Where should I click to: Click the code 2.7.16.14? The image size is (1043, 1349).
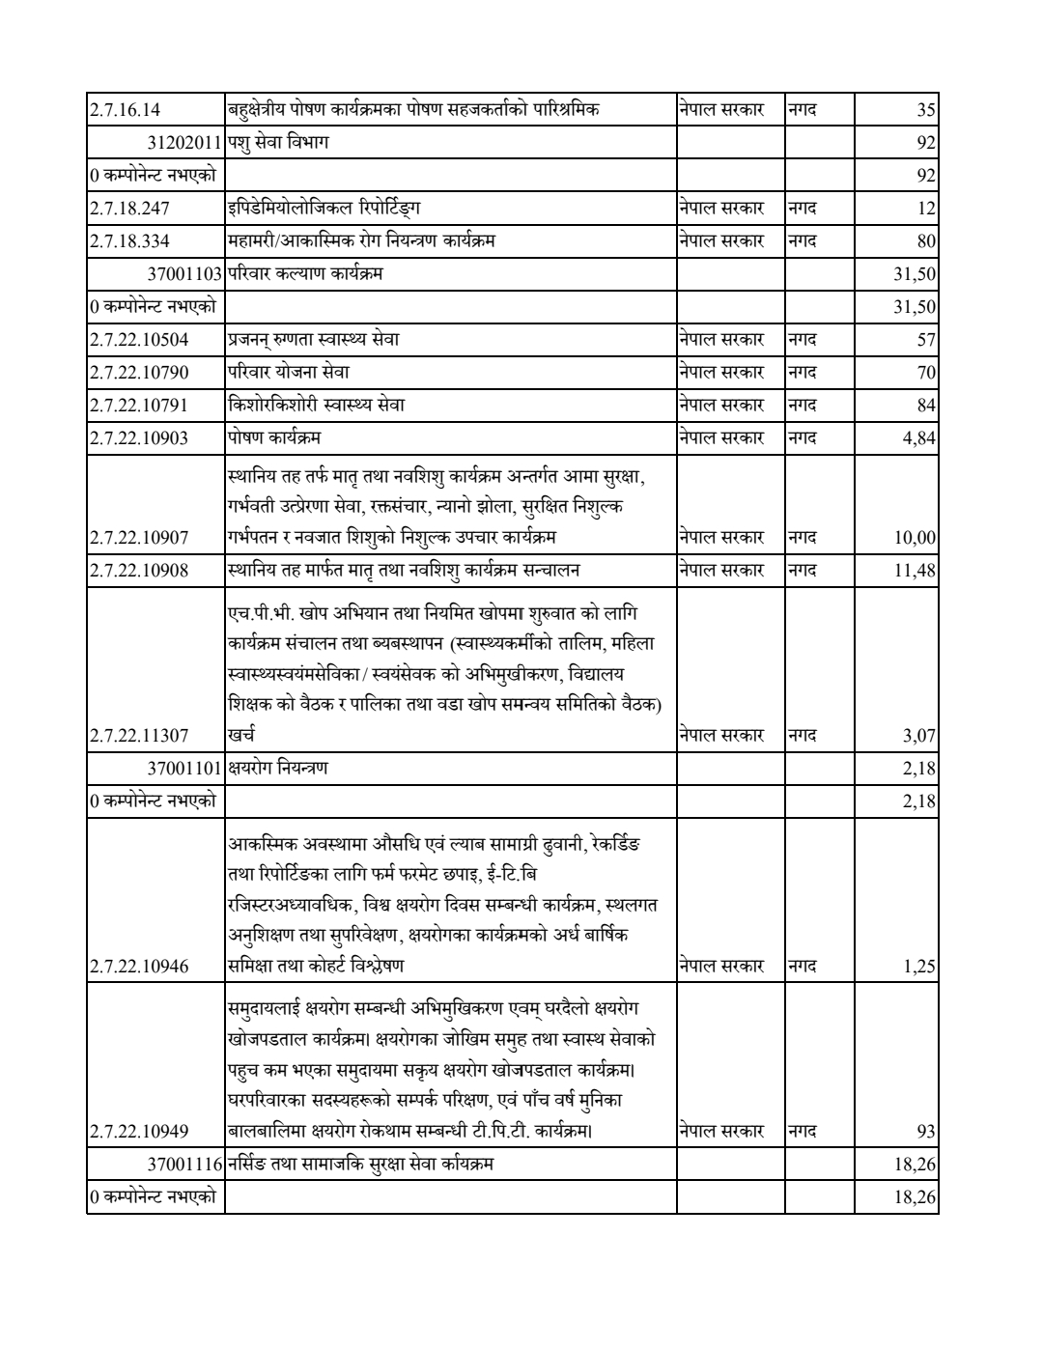[126, 110]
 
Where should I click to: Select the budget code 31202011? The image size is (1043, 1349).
[185, 143]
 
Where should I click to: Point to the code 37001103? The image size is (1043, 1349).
[185, 274]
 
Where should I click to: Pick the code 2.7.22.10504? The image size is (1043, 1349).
[139, 340]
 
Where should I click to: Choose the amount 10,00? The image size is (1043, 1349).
[916, 538]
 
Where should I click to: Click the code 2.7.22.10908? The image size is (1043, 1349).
[139, 571]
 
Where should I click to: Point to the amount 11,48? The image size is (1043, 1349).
[916, 571]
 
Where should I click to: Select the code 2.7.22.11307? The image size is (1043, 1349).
[139, 736]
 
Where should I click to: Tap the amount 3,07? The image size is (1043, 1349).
[919, 736]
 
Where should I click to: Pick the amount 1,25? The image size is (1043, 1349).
[919, 967]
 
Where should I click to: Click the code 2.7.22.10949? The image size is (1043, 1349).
[139, 1131]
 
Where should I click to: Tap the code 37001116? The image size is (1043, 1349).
[185, 1165]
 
